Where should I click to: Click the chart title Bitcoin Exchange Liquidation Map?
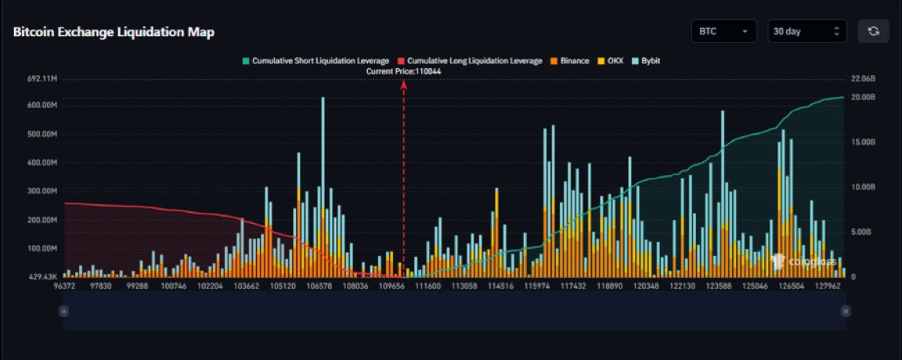[114, 32]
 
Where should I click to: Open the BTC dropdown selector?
[723, 31]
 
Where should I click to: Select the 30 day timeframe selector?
[806, 31]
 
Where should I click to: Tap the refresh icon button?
[873, 31]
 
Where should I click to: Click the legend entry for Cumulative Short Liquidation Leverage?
[316, 60]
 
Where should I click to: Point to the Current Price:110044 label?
[403, 70]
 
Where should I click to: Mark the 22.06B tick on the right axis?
[862, 79]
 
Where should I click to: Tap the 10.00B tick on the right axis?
[862, 187]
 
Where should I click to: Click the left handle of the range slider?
[64, 311]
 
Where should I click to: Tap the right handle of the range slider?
[846, 311]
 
